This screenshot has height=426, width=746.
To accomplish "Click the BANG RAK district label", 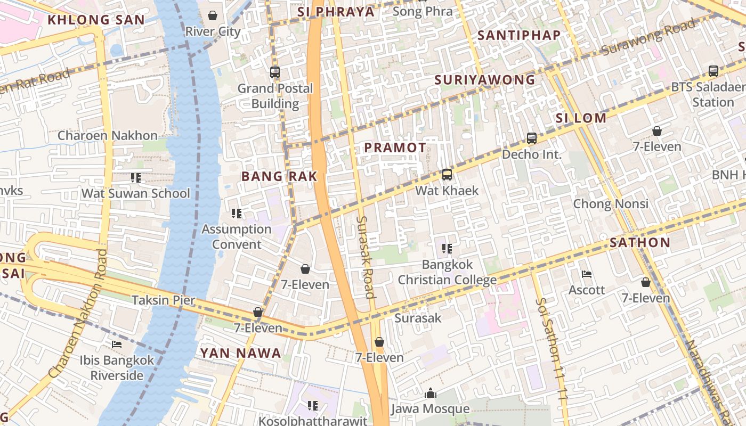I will tap(279, 176).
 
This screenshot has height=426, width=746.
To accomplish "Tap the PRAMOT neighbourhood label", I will tap(395, 148).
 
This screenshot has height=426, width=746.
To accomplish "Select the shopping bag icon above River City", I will tap(213, 15).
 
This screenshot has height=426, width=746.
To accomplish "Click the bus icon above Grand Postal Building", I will tap(275, 72).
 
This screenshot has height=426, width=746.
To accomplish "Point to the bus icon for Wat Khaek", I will tap(447, 175).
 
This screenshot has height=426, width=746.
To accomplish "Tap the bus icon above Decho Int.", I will tap(531, 138).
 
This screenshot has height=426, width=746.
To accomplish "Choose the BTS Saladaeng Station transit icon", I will tap(713, 71).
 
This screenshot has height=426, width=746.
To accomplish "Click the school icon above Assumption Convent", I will tap(237, 214).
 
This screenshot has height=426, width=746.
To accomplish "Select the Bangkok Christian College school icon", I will tap(447, 248).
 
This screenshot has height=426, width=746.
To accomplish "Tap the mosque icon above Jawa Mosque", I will tap(430, 394).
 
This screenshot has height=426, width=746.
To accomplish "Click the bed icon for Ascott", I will tap(587, 275).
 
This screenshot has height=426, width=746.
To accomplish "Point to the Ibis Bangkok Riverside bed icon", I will tap(117, 345).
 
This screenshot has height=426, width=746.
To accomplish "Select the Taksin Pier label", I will tap(163, 300).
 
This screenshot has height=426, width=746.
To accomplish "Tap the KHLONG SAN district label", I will tap(96, 20).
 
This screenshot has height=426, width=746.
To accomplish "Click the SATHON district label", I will tap(639, 243).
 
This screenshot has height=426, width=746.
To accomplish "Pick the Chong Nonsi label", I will tap(611, 204).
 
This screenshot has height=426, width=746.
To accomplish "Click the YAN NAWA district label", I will tap(240, 353).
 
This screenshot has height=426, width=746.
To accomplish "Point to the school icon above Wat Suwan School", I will tap(136, 178).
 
